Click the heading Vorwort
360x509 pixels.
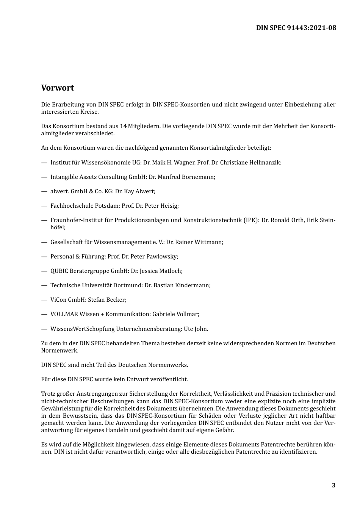coord(58,88)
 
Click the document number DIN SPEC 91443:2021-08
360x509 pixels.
coord(296,28)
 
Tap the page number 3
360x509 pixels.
coord(333,486)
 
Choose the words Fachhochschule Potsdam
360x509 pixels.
coord(85,206)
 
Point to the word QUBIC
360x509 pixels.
coord(59,271)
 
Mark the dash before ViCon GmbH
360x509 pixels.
coord(44,300)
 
